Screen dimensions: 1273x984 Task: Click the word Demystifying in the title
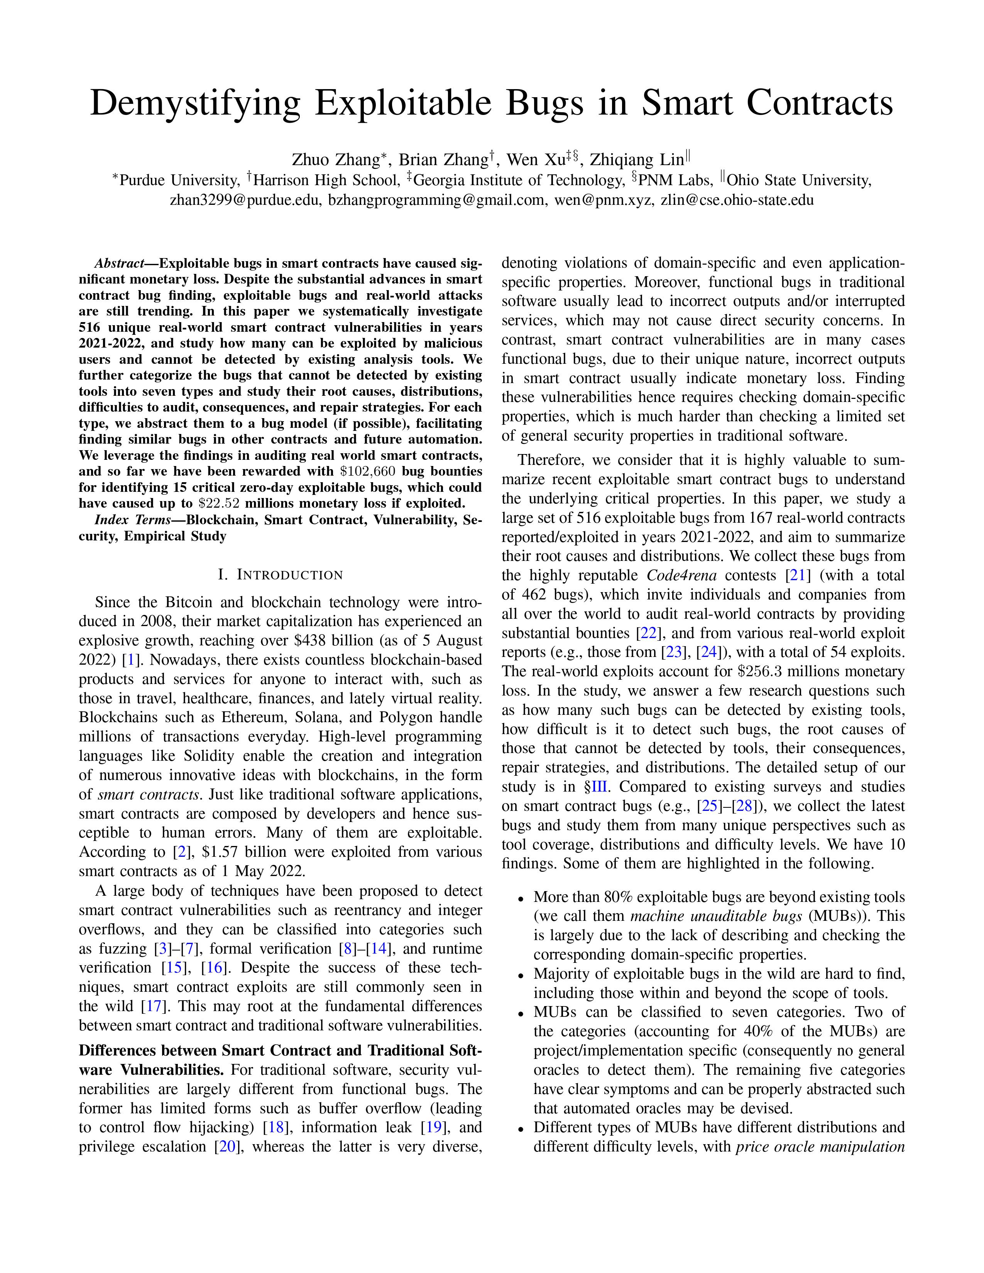tap(195, 104)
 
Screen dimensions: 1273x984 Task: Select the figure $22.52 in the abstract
tap(221, 503)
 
